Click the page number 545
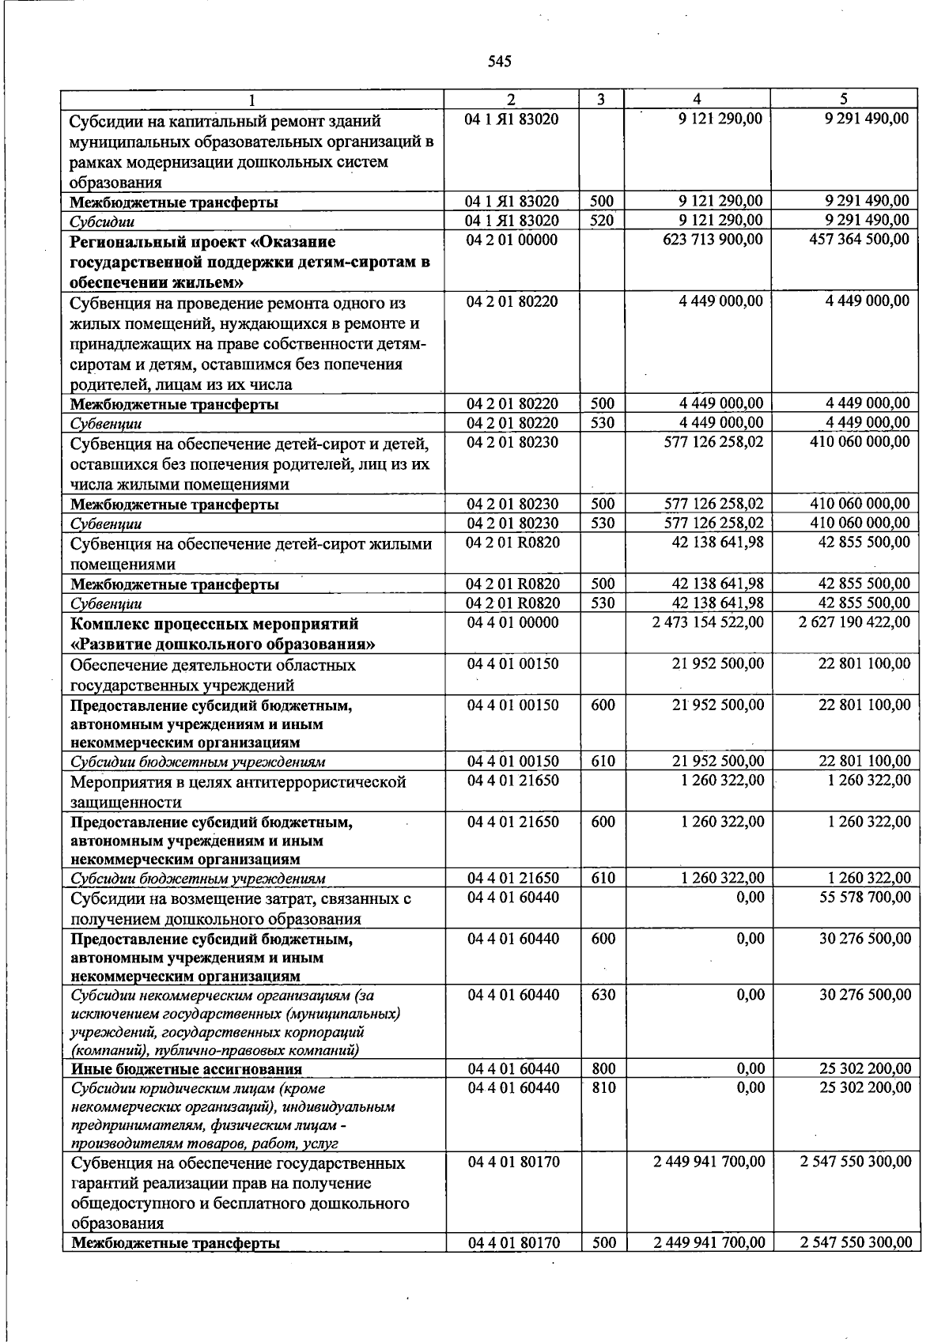coord(500,62)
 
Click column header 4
coord(697,99)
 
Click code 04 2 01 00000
coord(512,240)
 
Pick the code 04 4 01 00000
coord(512,623)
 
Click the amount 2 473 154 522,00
coord(708,623)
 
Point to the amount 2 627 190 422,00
coord(855,623)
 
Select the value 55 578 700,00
coord(865,898)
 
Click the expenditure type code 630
coord(603,995)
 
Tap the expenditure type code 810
coord(603,1088)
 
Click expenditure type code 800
coord(603,1069)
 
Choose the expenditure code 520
coord(602,221)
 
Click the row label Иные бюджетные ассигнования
coord(187,1069)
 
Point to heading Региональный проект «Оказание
coord(202,241)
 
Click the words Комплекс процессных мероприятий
coord(214,624)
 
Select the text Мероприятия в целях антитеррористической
coord(238,783)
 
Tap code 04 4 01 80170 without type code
coord(513,1162)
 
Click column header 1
coord(252,100)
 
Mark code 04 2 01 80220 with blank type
coord(512,301)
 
